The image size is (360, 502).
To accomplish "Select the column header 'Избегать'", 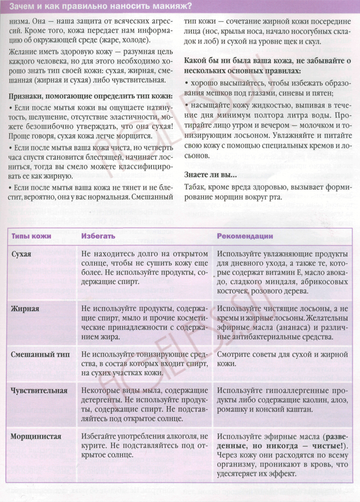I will click(98, 236).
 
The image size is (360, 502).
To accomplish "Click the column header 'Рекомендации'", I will click(244, 236).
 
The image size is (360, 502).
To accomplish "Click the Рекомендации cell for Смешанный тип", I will click(282, 359).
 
